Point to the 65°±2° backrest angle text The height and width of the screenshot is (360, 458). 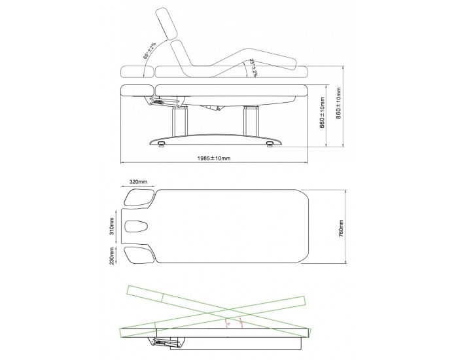(x=147, y=50)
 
